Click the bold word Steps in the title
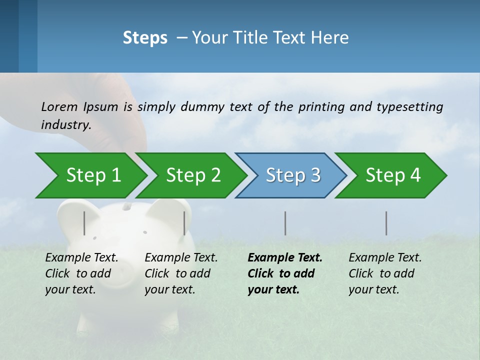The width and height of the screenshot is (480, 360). pos(145,38)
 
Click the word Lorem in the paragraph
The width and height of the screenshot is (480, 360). pos(59,106)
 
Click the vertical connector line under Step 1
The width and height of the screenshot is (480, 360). pos(84,223)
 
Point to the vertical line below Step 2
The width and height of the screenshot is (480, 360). pos(184,223)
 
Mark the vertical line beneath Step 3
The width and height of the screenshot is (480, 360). pos(285,223)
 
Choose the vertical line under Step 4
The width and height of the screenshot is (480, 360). pos(386,223)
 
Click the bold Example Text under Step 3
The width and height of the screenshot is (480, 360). pos(285,258)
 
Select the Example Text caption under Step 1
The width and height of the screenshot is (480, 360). pos(81,258)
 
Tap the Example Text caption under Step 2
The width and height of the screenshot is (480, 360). pos(181,258)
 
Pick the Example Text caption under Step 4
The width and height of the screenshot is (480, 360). pos(385,258)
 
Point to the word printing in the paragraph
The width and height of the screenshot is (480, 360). pos(316,107)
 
